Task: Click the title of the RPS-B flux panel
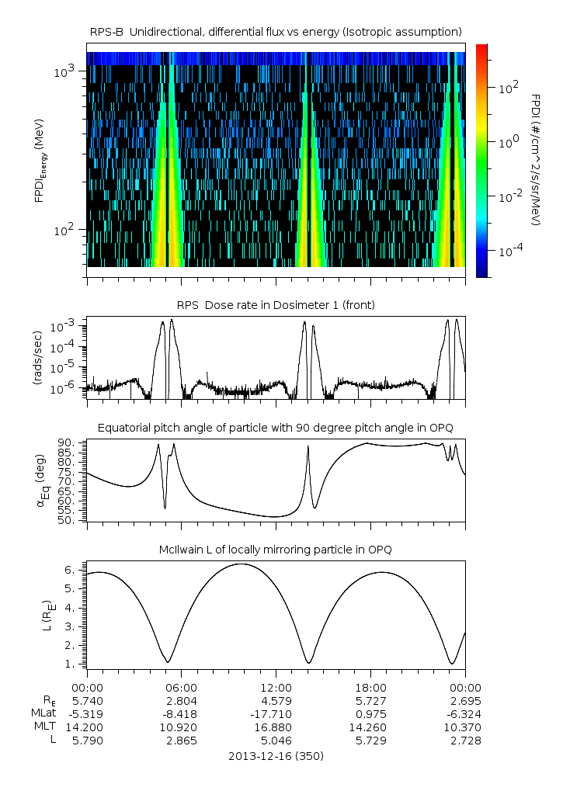pos(276,31)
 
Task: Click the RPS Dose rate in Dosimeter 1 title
pos(276,305)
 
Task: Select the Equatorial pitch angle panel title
pos(276,428)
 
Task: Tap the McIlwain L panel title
pos(276,550)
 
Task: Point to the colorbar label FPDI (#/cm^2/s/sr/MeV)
pos(536,160)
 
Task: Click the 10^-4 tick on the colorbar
pos(508,251)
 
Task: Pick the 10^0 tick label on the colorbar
pos(508,143)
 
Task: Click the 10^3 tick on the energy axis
pos(63,72)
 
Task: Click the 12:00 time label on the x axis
pos(276,688)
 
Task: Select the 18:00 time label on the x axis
pos(370,688)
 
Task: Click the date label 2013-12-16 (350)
pos(276,756)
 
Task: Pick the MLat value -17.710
pos(276,714)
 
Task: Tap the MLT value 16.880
pos(276,727)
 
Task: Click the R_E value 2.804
pos(182,701)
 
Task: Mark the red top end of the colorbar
pos(481,48)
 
